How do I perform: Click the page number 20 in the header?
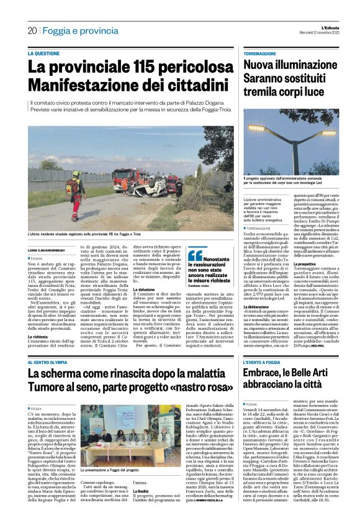point(32,30)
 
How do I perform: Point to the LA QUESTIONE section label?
point(48,53)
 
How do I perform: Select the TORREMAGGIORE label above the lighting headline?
point(263,54)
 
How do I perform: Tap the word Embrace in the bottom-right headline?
point(268,375)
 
